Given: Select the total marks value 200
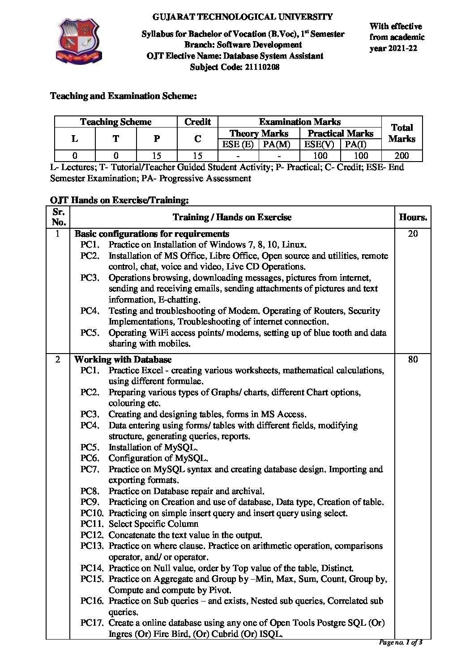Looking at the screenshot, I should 401,156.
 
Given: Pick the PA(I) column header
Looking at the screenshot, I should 361,145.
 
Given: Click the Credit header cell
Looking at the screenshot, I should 197,122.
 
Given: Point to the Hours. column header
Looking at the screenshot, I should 413,218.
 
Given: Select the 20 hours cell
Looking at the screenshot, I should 413,234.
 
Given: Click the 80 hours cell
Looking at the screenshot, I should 413,359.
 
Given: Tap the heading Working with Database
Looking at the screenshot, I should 123,359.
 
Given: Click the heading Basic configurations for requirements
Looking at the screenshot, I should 152,234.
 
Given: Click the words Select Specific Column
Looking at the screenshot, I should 154,524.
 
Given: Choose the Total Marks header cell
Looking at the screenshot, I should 401,133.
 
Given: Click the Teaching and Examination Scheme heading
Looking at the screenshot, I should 123,96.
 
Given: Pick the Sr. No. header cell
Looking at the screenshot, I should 59,217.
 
